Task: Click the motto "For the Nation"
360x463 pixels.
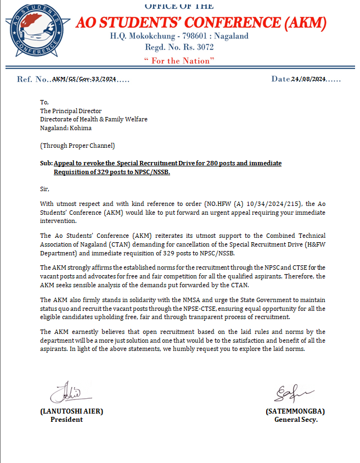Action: pos(179,61)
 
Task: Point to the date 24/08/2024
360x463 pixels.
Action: pos(308,79)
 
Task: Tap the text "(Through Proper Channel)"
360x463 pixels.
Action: pos(77,146)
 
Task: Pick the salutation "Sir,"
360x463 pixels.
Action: pos(45,188)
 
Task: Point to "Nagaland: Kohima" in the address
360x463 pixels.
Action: pos(66,128)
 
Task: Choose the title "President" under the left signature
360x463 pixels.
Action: pos(66,420)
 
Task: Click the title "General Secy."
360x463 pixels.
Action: pos(296,420)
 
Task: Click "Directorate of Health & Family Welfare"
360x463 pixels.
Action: pos(94,119)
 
